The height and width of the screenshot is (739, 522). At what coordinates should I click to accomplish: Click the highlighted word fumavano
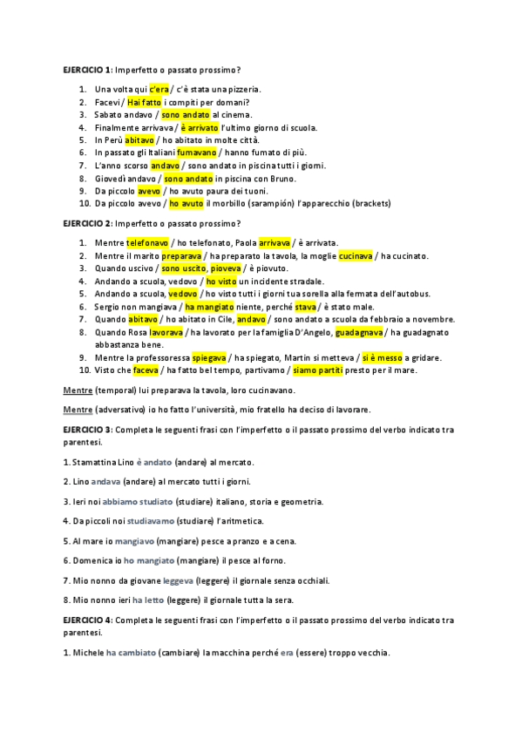pos(196,152)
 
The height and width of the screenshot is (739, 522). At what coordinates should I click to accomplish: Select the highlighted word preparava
pos(180,255)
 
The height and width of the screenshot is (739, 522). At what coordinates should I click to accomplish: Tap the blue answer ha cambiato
pos(132,654)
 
